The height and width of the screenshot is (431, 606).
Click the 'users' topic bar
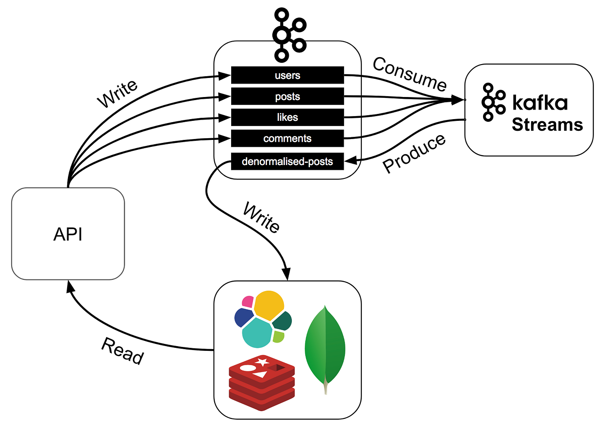point(287,75)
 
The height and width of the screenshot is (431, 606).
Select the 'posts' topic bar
point(287,96)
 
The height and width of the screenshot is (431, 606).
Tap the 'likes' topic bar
point(287,117)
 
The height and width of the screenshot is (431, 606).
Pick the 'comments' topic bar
point(287,139)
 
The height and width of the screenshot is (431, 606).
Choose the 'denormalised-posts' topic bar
point(287,162)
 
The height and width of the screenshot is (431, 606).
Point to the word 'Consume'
point(409,74)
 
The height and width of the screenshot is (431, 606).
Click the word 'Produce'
point(414,153)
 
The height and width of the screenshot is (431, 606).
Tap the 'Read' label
point(122,351)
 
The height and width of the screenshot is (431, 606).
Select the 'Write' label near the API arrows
point(117,94)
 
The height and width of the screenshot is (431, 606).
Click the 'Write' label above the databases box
point(261,217)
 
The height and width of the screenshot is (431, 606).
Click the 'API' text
point(68,234)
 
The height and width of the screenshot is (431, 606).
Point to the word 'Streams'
point(547,125)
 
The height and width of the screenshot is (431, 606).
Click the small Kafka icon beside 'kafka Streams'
point(493,102)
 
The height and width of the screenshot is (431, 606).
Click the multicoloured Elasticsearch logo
point(263,319)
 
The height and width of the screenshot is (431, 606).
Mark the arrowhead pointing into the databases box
point(286,274)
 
